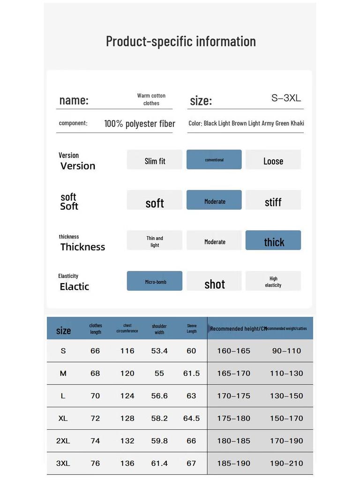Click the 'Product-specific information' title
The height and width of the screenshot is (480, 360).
180,41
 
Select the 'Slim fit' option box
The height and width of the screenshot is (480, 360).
155,160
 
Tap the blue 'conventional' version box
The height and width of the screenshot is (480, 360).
214,160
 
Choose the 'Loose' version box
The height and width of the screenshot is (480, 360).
273,160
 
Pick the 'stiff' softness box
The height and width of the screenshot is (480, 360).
273,201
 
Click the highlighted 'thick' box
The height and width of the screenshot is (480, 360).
273,240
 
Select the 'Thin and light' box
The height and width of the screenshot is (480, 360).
155,241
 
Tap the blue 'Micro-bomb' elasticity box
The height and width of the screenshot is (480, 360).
155,281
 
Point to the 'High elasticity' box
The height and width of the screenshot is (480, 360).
273,281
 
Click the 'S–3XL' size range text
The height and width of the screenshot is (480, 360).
286,98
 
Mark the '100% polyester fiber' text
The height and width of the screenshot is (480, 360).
140,124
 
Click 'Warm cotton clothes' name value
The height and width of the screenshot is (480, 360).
151,99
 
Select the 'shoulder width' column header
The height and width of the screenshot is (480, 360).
159,329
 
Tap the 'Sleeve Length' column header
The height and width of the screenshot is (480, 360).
192,328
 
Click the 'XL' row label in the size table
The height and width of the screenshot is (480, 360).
63,418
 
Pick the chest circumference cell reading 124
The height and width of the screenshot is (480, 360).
127,396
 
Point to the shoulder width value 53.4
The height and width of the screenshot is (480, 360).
159,351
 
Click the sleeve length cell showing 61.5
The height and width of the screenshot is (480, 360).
191,373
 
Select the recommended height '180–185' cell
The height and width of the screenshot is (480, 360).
233,441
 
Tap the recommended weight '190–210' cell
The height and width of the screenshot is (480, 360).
286,463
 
